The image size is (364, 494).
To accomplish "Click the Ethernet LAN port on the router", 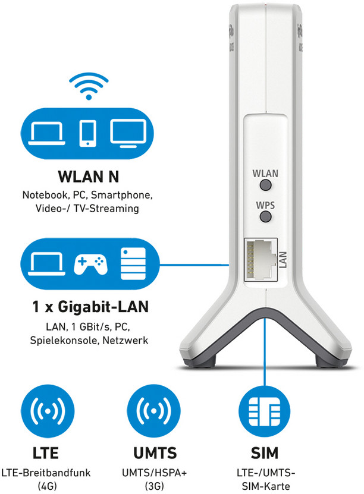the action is (261, 259).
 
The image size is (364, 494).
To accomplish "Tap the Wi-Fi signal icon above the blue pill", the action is (89, 86).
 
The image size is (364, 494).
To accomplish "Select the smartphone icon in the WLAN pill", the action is (87, 133).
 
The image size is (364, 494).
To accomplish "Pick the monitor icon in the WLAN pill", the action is (128, 133).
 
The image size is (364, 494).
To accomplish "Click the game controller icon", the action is (90, 264).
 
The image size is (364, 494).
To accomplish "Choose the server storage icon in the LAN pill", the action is (133, 264).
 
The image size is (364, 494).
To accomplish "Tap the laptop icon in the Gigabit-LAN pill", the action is (46, 264).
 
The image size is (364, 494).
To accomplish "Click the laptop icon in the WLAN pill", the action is (46, 134).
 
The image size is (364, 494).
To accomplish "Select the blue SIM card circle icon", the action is (264, 411).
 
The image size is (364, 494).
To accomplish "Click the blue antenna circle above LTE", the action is (48, 411).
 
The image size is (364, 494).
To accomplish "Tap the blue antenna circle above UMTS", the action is (154, 411).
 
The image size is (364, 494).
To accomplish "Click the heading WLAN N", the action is (89, 177).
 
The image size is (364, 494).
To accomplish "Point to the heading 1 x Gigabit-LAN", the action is (90, 307).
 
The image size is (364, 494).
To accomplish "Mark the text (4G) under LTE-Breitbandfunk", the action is (47, 486).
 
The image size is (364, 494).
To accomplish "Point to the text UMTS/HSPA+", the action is (155, 473).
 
